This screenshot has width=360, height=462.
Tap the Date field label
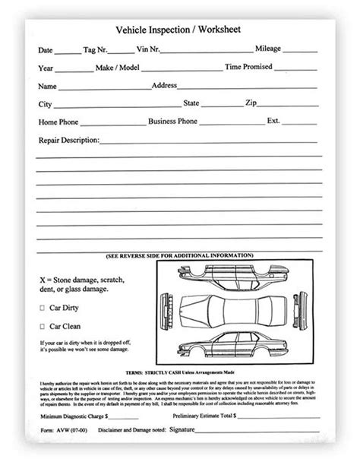coord(45,51)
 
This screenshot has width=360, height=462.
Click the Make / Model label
coord(117,68)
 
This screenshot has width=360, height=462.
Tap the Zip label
coord(251,103)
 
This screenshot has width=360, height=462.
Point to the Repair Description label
coord(68,141)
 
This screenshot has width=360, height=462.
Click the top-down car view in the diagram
coord(227,311)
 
